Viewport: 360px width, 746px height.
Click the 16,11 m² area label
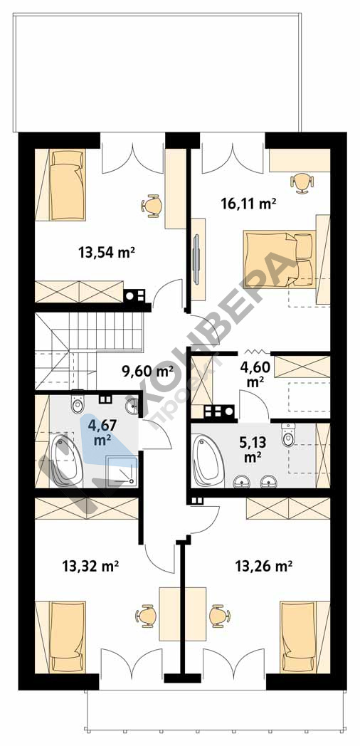[249, 204]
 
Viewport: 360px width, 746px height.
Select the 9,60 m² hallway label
[147, 371]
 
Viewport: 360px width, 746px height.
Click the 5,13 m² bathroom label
[253, 448]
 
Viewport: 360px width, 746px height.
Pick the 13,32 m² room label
[90, 566]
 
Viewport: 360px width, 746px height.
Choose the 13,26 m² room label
[263, 566]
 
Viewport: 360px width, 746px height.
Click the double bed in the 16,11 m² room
[280, 259]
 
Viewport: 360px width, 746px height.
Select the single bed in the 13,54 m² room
[68, 185]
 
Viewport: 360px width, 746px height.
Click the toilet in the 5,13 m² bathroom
[288, 434]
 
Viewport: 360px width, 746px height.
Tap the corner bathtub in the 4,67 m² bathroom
[65, 460]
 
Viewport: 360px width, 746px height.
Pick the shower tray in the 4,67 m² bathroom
[121, 471]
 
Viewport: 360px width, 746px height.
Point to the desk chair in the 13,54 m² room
[152, 206]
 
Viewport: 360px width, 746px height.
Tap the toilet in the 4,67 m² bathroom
[78, 402]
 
